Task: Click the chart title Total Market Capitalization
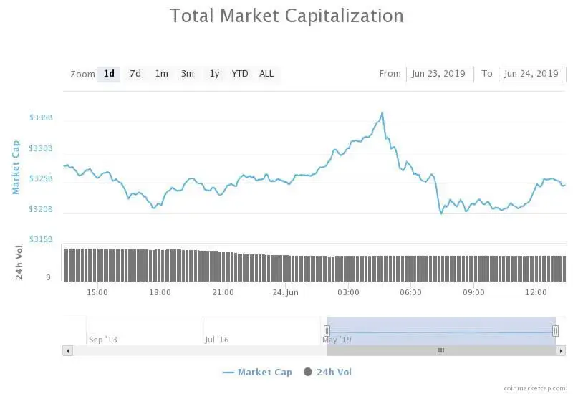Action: (x=286, y=16)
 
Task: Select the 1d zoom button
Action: (x=109, y=74)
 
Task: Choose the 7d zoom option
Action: (x=135, y=74)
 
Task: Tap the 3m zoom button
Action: (x=187, y=74)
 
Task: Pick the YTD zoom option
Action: (x=239, y=74)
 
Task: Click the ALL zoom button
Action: (x=266, y=74)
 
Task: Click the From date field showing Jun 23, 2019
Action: (x=440, y=74)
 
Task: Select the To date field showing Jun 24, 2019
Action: (x=531, y=74)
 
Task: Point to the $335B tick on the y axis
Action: (x=41, y=117)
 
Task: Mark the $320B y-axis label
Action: (x=41, y=209)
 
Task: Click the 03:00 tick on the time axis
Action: (x=348, y=292)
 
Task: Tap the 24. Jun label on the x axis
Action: (x=285, y=292)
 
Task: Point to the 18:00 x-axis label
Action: (x=160, y=292)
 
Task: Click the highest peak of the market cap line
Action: (x=382, y=112)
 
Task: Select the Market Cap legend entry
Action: (x=257, y=372)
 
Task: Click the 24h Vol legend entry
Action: (x=328, y=372)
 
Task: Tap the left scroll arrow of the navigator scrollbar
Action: (x=68, y=350)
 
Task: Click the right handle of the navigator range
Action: (x=555, y=330)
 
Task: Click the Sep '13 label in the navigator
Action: (x=102, y=340)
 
